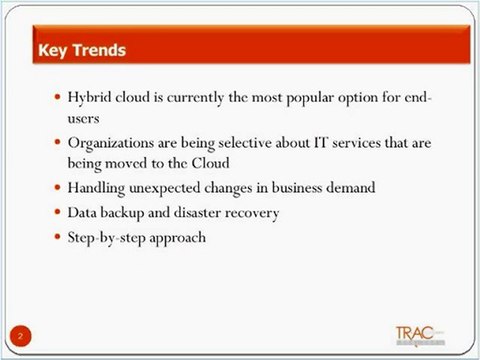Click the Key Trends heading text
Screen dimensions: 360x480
[x=81, y=49]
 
